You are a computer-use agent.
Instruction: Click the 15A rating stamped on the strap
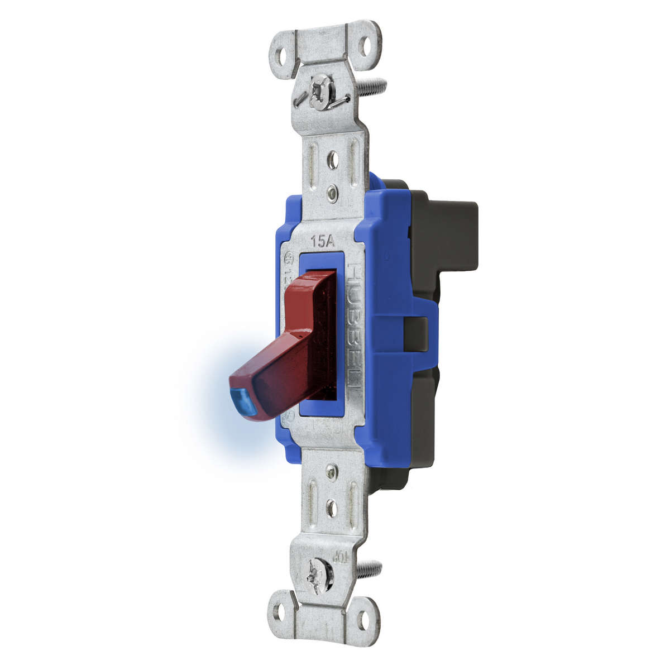pyautogui.click(x=322, y=242)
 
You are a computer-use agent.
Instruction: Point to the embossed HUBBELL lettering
pyautogui.click(x=354, y=324)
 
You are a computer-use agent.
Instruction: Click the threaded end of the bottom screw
pyautogui.click(x=369, y=569)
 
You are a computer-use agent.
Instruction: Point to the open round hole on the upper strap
pyautogui.click(x=333, y=160)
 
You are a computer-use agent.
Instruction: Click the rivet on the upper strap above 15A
pyautogui.click(x=333, y=193)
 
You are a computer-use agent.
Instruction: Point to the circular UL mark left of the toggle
pyautogui.click(x=289, y=259)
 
